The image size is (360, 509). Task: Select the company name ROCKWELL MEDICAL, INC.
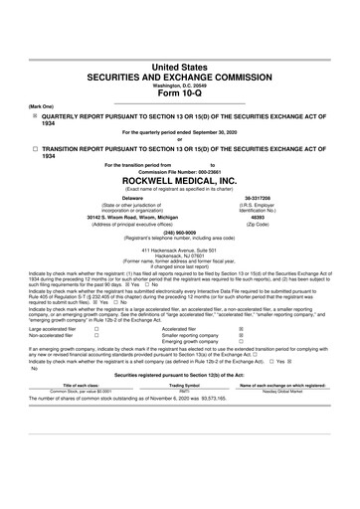pos(179,182)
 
